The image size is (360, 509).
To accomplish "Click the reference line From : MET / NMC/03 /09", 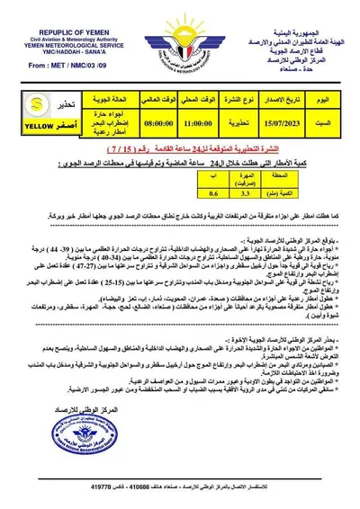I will pos(54,66).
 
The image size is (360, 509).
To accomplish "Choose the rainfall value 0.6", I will pos(213,191).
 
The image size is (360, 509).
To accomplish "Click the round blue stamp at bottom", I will pos(82,436).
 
